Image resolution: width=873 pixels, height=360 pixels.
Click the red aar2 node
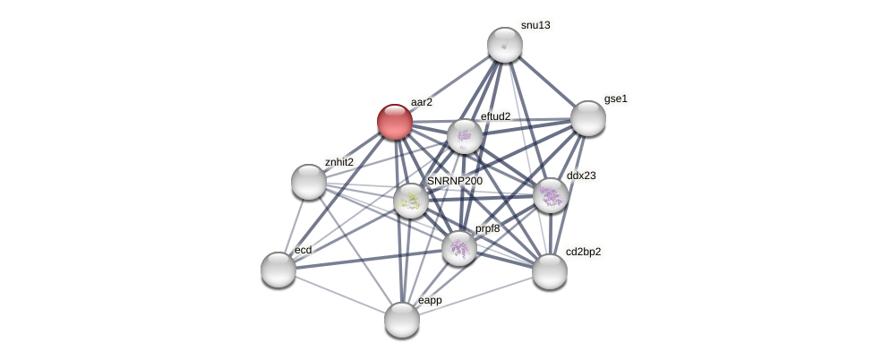pyautogui.click(x=395, y=122)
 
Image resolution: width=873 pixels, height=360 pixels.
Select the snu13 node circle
pyautogui.click(x=505, y=45)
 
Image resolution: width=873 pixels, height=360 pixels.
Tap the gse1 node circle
pyautogui.click(x=588, y=118)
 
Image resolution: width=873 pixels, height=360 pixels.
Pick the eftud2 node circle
pyautogui.click(x=465, y=136)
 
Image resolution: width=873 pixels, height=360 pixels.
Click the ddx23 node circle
pyautogui.click(x=551, y=195)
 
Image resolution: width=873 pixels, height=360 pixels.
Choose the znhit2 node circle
pyautogui.click(x=309, y=182)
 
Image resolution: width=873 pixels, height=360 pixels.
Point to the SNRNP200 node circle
pyautogui.click(x=411, y=201)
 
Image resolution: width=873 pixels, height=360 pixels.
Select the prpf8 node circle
pyautogui.click(x=459, y=248)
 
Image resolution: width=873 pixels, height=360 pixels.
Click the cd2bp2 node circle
pyautogui.click(x=550, y=271)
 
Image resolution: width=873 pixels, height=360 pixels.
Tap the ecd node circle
pyautogui.click(x=278, y=270)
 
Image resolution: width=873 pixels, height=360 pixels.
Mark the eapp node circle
pyautogui.click(x=402, y=320)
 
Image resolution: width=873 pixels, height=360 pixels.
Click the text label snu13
pyautogui.click(x=535, y=25)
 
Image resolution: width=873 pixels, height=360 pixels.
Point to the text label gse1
pyautogui.click(x=616, y=99)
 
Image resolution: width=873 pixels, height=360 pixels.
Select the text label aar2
pyautogui.click(x=421, y=102)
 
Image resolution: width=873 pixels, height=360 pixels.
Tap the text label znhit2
pyautogui.click(x=339, y=162)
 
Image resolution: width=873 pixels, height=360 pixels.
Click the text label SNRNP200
pyautogui.click(x=455, y=181)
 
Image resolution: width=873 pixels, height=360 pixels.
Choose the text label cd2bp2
pyautogui.click(x=583, y=252)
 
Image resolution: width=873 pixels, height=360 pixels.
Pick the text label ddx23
pyautogui.click(x=581, y=176)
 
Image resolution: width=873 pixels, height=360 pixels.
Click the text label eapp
pyautogui.click(x=430, y=300)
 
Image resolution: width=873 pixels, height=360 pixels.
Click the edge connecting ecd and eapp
pyautogui.click(x=340, y=295)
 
